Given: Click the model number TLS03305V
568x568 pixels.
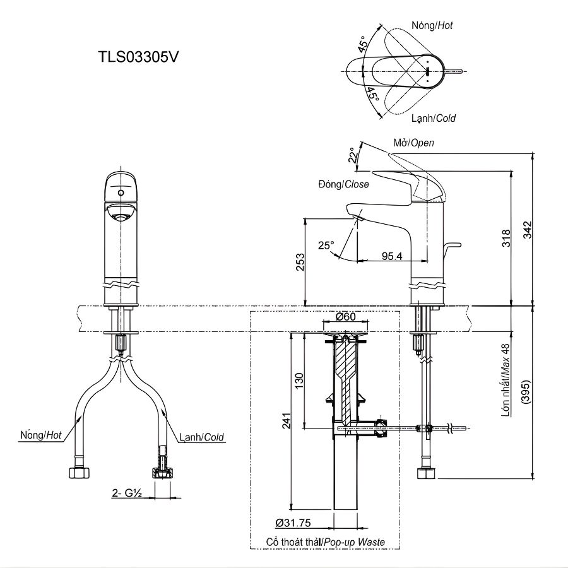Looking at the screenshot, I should [x=139, y=56].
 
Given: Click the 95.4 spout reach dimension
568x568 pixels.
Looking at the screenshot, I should [x=392, y=256].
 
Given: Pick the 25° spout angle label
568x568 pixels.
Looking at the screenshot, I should [x=326, y=245].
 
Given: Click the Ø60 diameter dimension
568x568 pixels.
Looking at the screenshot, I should [x=345, y=317].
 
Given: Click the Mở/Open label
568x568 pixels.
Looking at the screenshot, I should [x=413, y=143].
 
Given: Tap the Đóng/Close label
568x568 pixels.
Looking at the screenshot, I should [x=343, y=184].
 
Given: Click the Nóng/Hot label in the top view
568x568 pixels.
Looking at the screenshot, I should [x=432, y=26].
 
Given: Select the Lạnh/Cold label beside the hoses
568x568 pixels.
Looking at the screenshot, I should [x=201, y=436].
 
